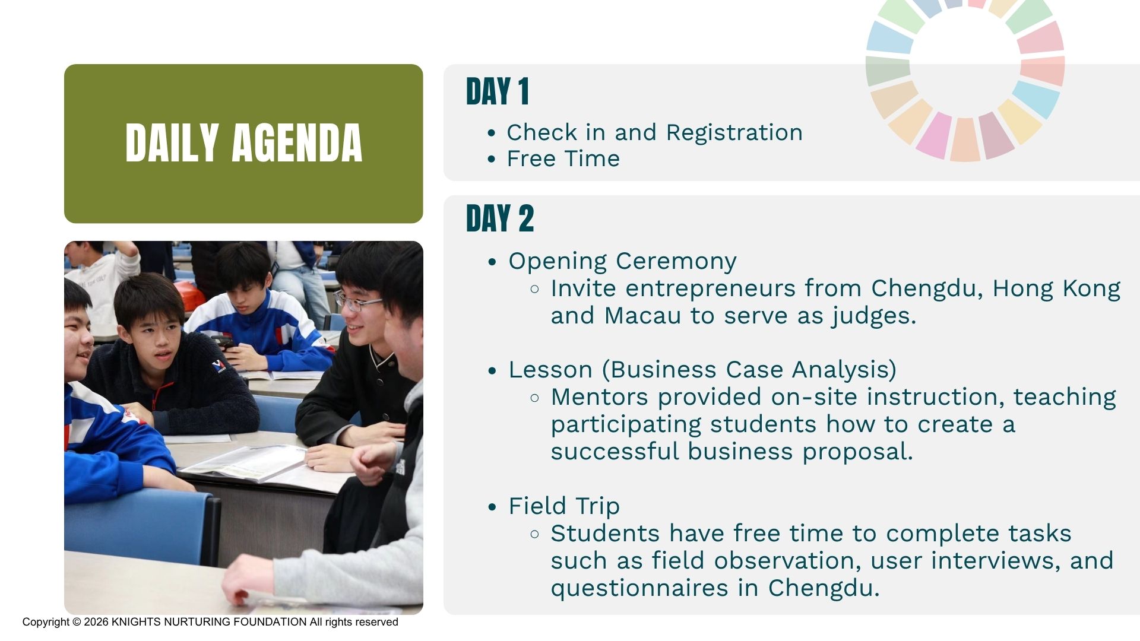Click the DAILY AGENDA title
tap(243, 143)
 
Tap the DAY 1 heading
tap(498, 92)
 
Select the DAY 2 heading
tap(500, 218)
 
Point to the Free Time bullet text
tap(563, 158)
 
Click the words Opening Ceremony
tap(622, 262)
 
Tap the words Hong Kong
tap(1056, 289)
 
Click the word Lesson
tap(550, 370)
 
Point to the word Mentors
tap(599, 397)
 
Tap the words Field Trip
tap(564, 506)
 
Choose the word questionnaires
tap(639, 588)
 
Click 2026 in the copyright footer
tap(96, 622)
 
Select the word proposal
tap(857, 452)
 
